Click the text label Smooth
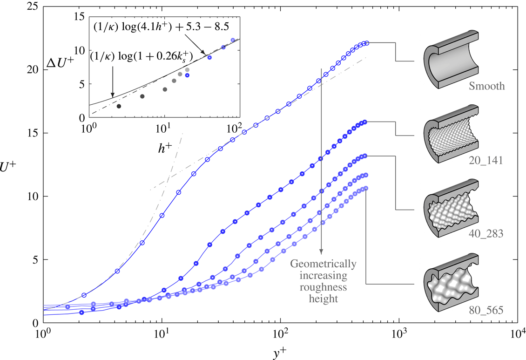(486, 86)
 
